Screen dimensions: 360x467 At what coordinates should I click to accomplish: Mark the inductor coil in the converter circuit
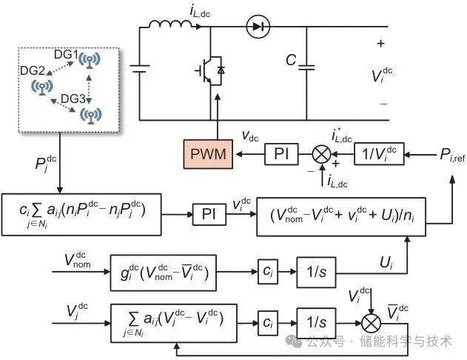coord(171,28)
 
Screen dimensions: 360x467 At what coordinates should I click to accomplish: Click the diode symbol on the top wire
coord(258,28)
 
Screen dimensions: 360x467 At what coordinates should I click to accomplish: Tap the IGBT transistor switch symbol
coord(210,70)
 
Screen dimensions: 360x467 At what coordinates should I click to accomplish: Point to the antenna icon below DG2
coord(40,87)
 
